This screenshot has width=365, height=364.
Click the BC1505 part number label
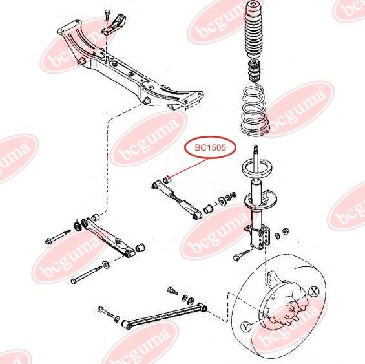(x=210, y=148)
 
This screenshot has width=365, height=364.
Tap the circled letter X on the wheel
(x=314, y=292)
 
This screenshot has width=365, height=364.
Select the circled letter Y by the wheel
(x=246, y=327)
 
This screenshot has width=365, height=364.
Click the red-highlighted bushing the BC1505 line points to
(x=167, y=179)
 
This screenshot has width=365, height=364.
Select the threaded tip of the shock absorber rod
(x=256, y=148)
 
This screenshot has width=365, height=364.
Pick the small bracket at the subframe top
(x=115, y=25)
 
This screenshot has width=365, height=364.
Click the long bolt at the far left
(x=58, y=237)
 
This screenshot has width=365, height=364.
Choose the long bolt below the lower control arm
(x=86, y=275)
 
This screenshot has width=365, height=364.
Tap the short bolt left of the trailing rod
(x=105, y=312)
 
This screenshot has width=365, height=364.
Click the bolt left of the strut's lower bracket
(x=241, y=255)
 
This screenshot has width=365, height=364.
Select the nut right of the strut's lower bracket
(x=286, y=231)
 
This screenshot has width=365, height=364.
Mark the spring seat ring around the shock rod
(x=257, y=167)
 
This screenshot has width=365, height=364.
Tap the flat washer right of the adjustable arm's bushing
(x=222, y=201)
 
